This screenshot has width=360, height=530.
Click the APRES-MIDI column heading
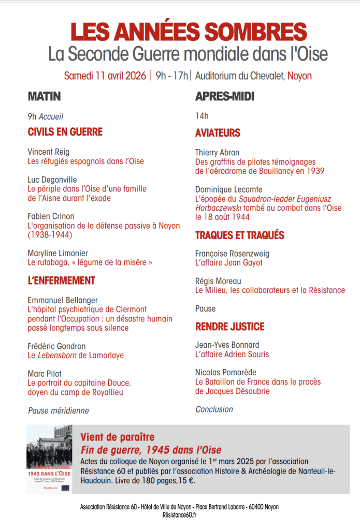click(224, 96)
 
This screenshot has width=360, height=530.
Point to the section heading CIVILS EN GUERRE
click(65, 132)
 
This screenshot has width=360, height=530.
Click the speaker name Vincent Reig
click(48, 152)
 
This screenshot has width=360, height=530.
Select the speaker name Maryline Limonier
click(57, 253)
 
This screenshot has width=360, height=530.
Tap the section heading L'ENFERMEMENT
click(61, 281)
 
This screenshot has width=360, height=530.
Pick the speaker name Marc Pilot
click(45, 374)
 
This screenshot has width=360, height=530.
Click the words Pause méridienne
click(58, 410)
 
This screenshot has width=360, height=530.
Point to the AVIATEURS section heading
click(218, 133)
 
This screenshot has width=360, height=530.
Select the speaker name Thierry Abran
click(217, 153)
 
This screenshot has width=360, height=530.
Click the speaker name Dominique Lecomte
click(228, 189)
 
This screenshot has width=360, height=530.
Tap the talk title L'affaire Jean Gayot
click(228, 263)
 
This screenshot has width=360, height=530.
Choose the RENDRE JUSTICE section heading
click(229, 327)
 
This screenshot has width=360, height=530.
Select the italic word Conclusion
click(214, 409)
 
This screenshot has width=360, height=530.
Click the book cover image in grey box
click(50, 460)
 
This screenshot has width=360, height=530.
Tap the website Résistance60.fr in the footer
click(179, 515)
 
